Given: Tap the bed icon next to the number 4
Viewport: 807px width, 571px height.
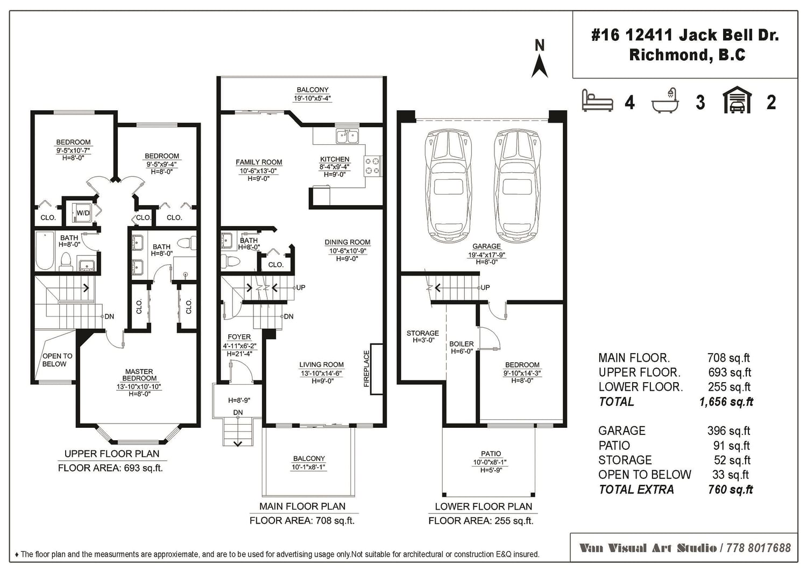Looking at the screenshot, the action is click(597, 101).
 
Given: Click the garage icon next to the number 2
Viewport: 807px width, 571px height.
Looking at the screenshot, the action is click(737, 100).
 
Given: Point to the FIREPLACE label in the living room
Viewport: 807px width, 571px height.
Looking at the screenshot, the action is click(366, 369).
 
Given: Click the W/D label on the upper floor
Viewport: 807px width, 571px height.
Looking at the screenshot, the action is click(83, 213).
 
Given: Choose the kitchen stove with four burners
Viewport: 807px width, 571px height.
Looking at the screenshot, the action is click(372, 166).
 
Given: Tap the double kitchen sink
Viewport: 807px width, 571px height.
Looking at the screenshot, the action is click(347, 137).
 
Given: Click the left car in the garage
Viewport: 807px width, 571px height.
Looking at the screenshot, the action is click(448, 187).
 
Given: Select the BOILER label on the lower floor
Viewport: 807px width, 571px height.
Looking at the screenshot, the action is click(462, 344).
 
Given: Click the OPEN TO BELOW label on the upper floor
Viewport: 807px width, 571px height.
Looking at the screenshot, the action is click(57, 359).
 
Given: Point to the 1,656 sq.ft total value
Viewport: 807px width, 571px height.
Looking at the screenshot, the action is click(726, 401).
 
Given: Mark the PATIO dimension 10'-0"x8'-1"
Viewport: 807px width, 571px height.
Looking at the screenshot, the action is click(491, 462).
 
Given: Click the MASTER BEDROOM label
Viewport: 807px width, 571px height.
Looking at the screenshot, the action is click(139, 375).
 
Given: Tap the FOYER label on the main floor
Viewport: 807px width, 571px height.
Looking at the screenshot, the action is click(239, 337).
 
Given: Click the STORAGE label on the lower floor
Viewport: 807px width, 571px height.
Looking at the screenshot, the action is click(422, 333).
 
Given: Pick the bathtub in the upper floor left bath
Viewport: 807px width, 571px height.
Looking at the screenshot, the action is click(45, 251).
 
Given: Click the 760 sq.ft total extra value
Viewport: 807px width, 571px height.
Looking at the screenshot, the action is click(731, 490).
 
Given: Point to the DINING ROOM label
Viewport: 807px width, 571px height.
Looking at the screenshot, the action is click(348, 242).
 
